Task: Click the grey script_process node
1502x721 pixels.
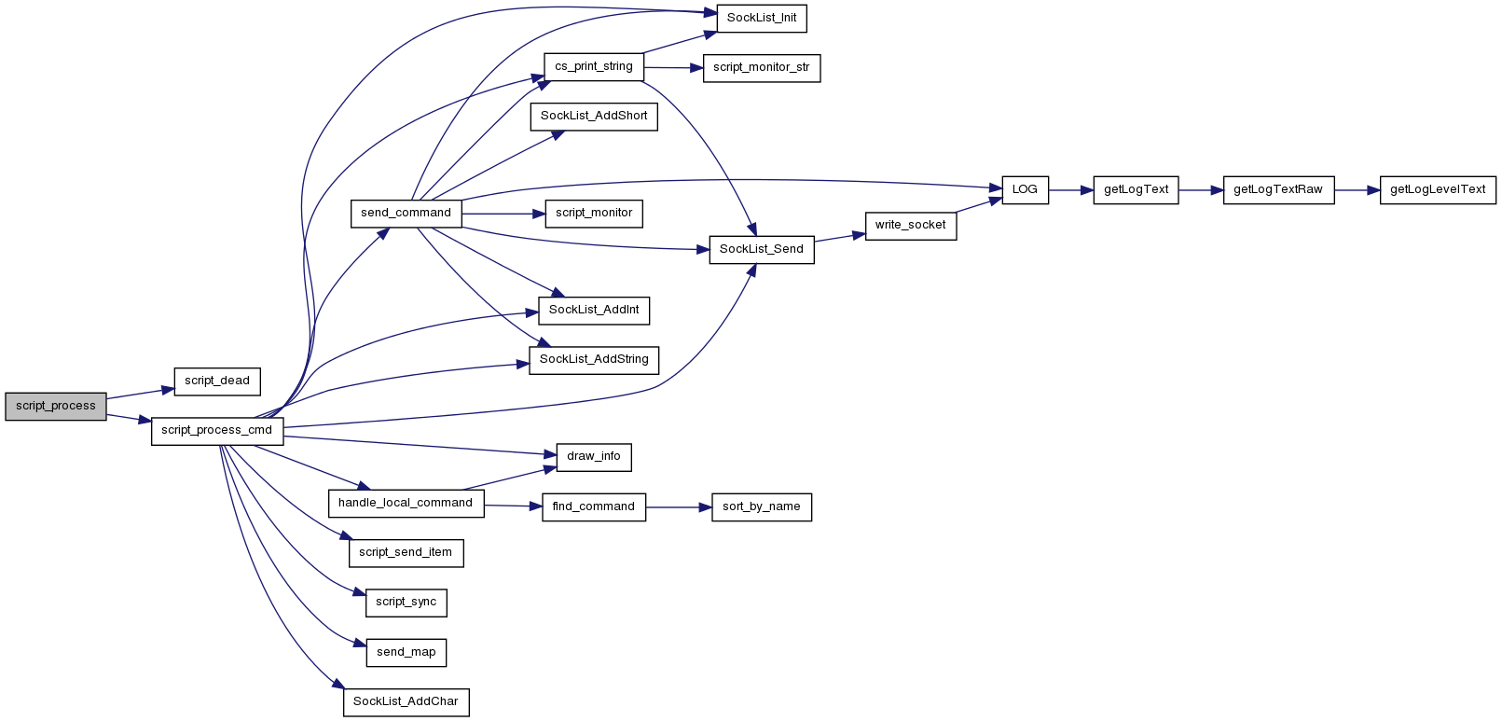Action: pyautogui.click(x=56, y=407)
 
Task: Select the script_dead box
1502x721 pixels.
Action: pyautogui.click(x=217, y=381)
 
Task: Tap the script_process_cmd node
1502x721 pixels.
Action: pyautogui.click(x=217, y=431)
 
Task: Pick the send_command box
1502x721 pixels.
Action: pyautogui.click(x=407, y=214)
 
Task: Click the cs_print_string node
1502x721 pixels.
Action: pyautogui.click(x=594, y=67)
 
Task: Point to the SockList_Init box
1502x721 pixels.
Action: pyautogui.click(x=762, y=18)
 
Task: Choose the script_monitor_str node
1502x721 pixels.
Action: pyautogui.click(x=762, y=68)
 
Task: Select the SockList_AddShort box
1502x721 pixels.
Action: pyautogui.click(x=594, y=117)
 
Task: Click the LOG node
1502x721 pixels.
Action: pyautogui.click(x=1026, y=190)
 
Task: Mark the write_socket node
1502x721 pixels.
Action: pyautogui.click(x=911, y=226)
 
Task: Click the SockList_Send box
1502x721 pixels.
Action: pyautogui.click(x=762, y=250)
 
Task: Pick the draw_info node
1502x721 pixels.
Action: pyautogui.click(x=594, y=457)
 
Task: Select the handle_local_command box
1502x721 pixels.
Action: pyautogui.click(x=407, y=504)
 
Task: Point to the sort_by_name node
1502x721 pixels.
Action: pyautogui.click(x=762, y=507)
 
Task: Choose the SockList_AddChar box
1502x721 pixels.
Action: pyautogui.click(x=407, y=702)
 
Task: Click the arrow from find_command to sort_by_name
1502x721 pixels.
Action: pyautogui.click(x=679, y=507)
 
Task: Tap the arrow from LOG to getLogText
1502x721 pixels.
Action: pyautogui.click(x=1071, y=190)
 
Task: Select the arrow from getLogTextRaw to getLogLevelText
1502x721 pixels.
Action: pyautogui.click(x=1357, y=190)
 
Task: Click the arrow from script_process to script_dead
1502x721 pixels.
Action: pyautogui.click(x=140, y=394)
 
